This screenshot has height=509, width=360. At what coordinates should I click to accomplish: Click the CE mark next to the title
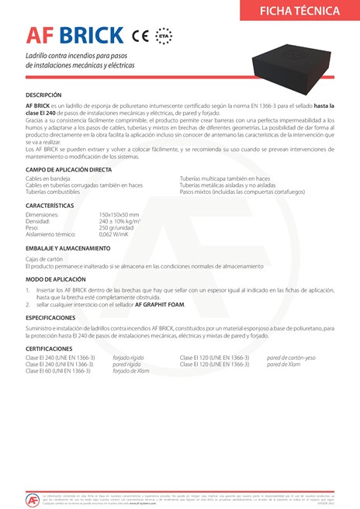click(x=140, y=36)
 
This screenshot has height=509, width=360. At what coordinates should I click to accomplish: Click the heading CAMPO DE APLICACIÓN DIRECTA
click(x=68, y=168)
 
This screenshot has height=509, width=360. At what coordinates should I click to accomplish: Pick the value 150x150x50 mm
click(x=119, y=214)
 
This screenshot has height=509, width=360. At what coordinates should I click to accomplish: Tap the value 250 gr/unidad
click(x=116, y=227)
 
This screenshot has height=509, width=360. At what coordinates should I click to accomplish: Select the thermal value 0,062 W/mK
click(x=116, y=233)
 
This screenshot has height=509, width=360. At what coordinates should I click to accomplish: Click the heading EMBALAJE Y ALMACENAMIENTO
click(x=68, y=248)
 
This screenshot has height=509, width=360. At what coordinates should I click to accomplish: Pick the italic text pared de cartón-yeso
click(x=291, y=358)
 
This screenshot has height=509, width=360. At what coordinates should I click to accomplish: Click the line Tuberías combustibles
click(x=54, y=191)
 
